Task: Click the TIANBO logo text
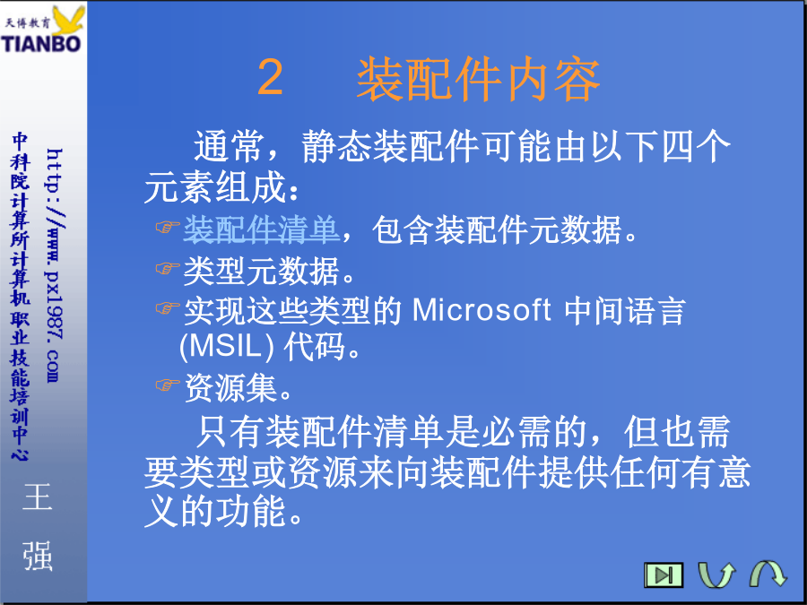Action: point(41,44)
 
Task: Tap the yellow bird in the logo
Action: point(68,22)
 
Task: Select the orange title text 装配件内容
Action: point(479,79)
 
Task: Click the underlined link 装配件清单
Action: point(262,229)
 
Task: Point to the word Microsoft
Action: point(482,310)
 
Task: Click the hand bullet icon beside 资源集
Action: point(168,385)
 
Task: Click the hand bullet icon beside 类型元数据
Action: point(168,268)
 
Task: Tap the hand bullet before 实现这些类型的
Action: point(168,308)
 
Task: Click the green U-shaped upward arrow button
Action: point(716,575)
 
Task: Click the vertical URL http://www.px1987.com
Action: point(54,265)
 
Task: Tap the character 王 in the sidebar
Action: point(38,497)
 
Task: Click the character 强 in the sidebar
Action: point(38,556)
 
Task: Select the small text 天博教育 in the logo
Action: point(27,22)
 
